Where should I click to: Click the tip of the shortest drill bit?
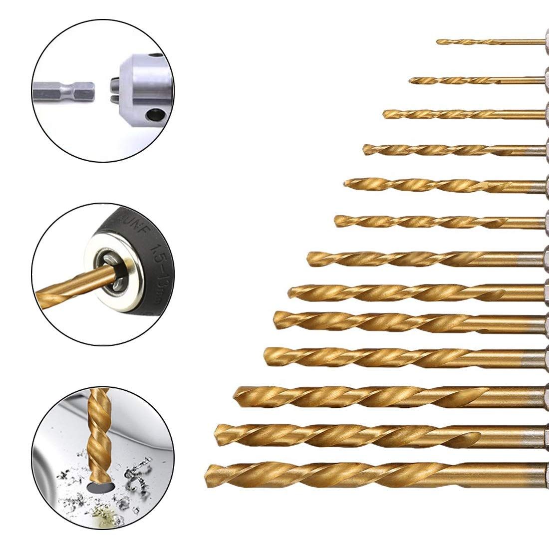[x=438, y=42]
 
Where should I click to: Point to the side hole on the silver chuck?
[x=149, y=118]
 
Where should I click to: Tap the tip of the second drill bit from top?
[x=411, y=80]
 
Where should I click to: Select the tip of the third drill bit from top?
[x=385, y=114]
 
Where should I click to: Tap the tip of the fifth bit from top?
[x=345, y=184]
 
